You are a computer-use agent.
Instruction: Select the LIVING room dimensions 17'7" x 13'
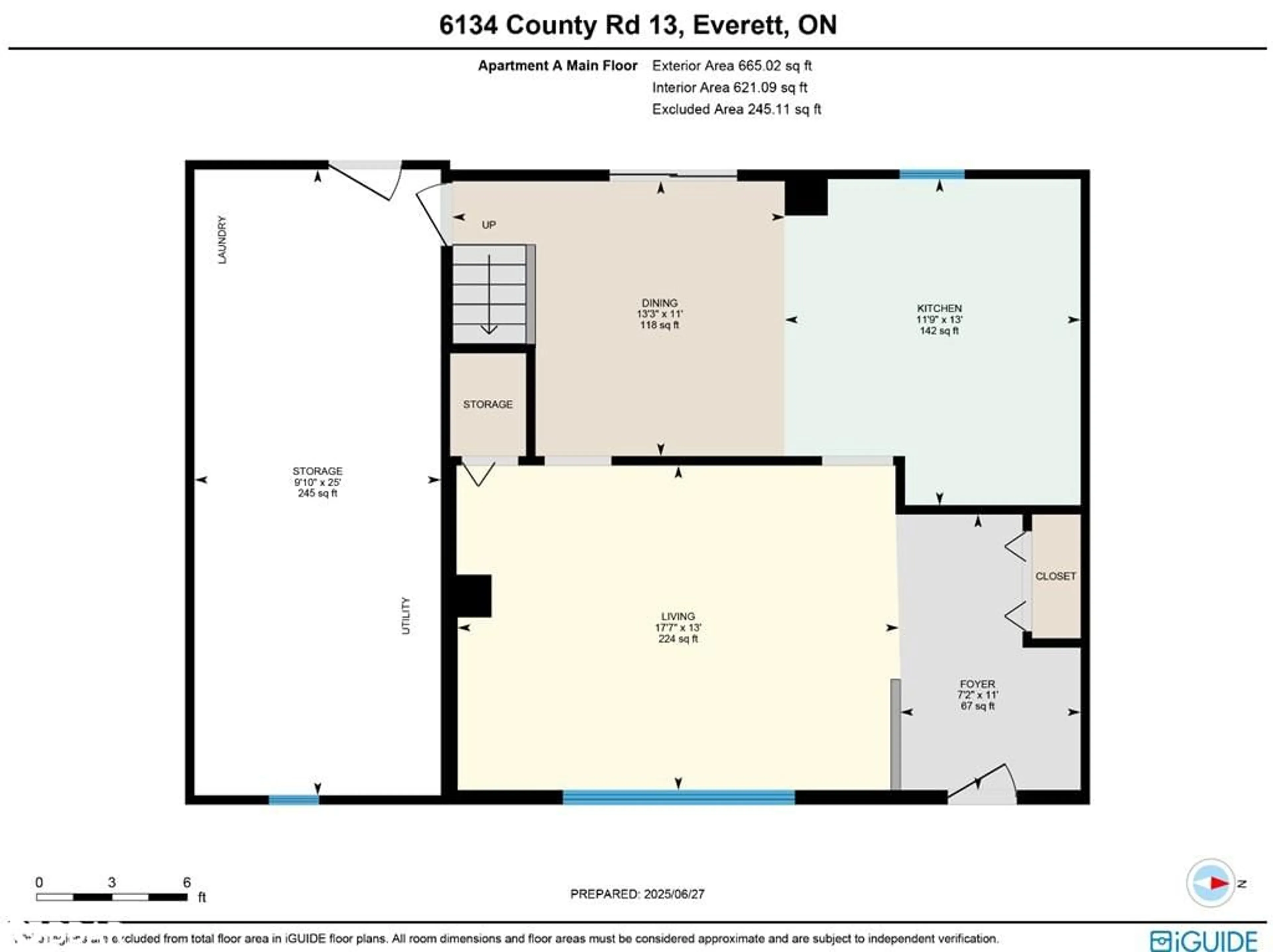[678, 628]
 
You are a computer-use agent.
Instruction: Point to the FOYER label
[977, 684]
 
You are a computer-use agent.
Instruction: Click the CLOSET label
[1056, 576]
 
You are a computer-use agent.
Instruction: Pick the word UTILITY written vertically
[406, 615]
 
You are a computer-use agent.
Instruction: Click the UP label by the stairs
[489, 225]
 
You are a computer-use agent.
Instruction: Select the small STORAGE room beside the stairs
[487, 404]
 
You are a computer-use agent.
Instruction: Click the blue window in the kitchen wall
[932, 174]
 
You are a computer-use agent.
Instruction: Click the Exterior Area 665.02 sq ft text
[731, 66]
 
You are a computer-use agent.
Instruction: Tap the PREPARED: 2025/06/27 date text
[637, 894]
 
